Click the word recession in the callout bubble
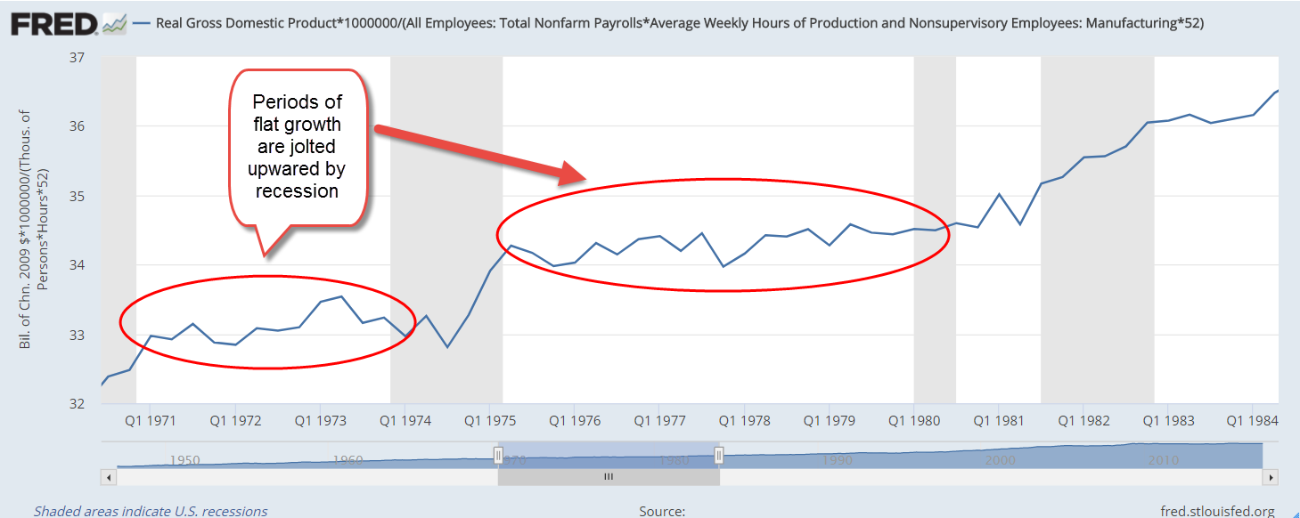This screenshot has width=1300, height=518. click(x=298, y=190)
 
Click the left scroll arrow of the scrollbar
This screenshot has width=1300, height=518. click(x=110, y=477)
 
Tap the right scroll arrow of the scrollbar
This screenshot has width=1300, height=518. click(x=1271, y=477)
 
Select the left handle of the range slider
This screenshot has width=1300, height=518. click(x=498, y=456)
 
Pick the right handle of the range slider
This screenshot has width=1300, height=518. click(x=719, y=456)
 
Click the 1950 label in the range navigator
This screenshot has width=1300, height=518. click(x=184, y=460)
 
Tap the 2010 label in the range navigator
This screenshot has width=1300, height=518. click(x=1164, y=460)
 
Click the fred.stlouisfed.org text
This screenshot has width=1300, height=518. click(x=1217, y=511)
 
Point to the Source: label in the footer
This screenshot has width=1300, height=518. click(x=662, y=511)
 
